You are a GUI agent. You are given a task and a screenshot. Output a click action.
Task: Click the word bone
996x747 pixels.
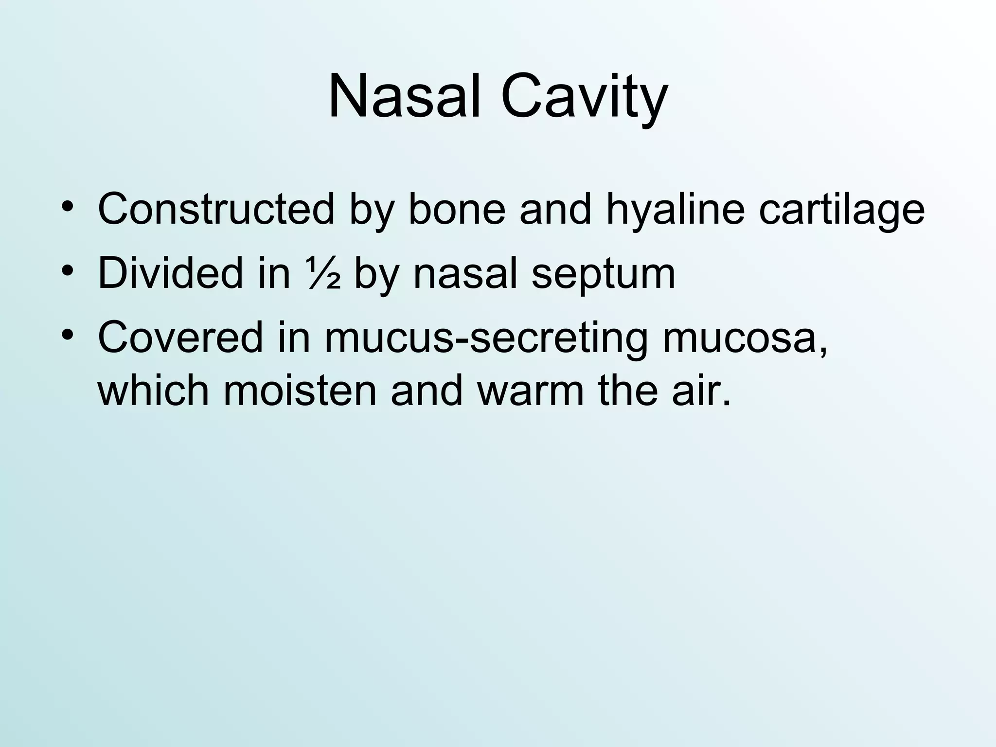(456, 209)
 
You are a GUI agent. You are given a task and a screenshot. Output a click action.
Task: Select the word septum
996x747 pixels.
(603, 275)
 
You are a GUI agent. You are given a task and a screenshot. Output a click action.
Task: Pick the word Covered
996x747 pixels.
(179, 337)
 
